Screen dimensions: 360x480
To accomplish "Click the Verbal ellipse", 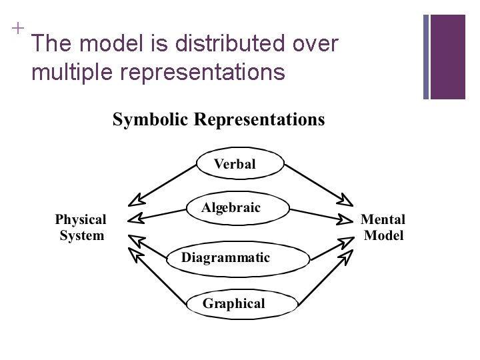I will point(234,164).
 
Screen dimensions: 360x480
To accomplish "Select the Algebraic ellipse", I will point(231,208).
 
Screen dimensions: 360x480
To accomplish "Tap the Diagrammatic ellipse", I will point(227,257).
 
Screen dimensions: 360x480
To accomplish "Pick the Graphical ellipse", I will point(233,304).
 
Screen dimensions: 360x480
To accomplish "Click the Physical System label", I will point(81,227).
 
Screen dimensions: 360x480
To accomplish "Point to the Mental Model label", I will point(383,227).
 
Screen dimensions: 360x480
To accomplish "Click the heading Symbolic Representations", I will point(218,120).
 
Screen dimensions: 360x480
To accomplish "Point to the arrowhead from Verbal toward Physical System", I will point(137,198).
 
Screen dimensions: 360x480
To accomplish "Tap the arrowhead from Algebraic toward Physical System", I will point(136,218).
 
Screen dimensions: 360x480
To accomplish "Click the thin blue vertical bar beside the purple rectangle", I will point(426,57).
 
